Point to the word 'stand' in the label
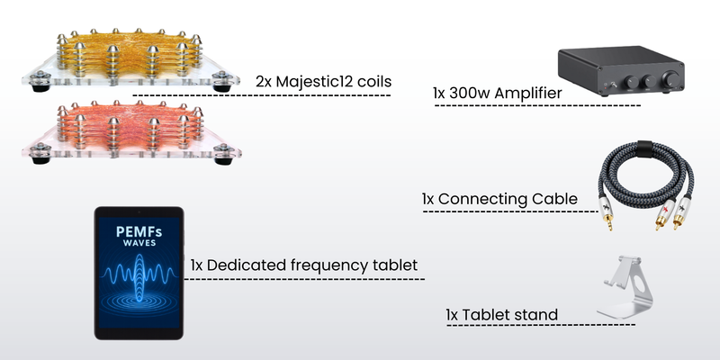pos(535,315)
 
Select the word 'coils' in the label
pos(373,81)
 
